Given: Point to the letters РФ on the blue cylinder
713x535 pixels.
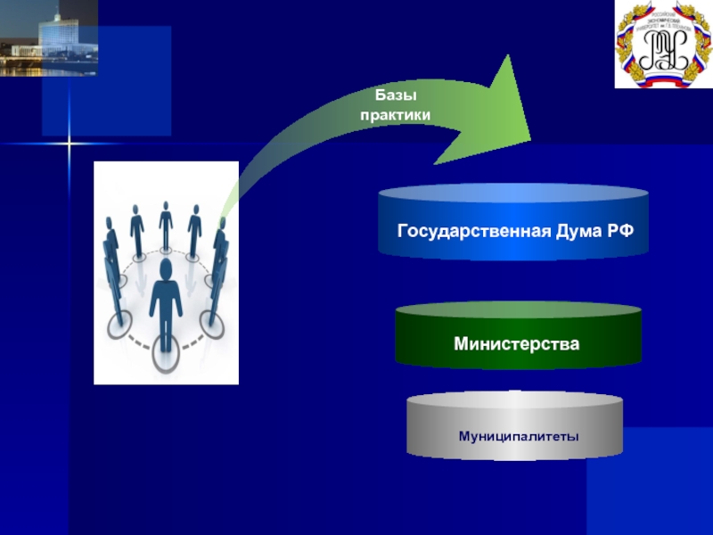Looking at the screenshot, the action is tap(622, 232).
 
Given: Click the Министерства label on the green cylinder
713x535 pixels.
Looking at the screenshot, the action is tap(516, 343).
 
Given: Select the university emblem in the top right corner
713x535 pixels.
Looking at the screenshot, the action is tap(663, 44).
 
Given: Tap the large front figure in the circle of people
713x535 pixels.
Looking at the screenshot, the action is tap(166, 303).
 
